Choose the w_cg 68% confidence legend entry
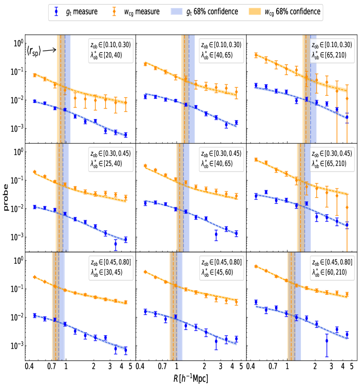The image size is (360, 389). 284,11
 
